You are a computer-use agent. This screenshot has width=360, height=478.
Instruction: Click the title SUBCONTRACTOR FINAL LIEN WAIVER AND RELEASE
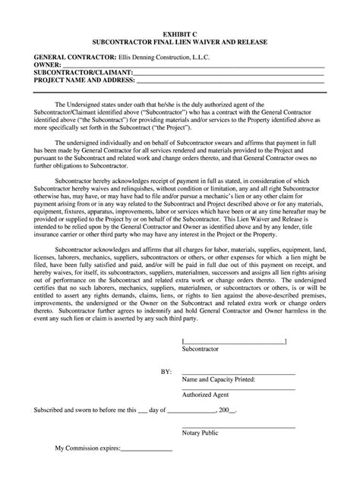click(179, 43)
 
